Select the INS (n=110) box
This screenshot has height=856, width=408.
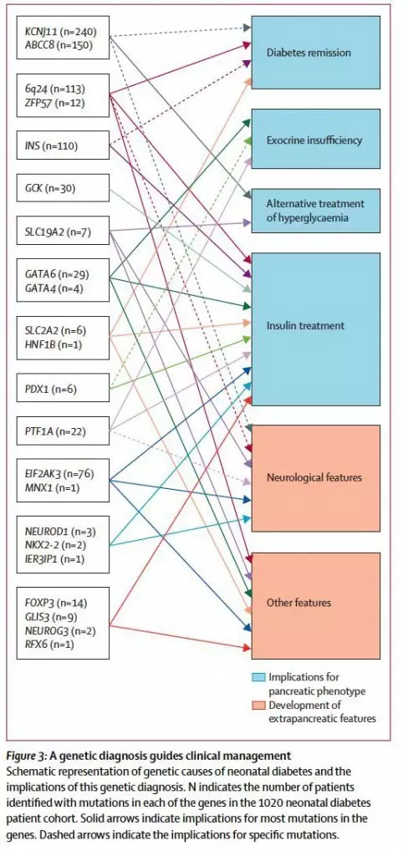point(63,145)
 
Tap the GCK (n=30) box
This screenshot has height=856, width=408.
point(63,189)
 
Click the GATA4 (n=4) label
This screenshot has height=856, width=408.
point(54,288)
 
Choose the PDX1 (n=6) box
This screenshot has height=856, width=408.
point(63,388)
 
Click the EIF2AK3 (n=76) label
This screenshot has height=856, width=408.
point(59,473)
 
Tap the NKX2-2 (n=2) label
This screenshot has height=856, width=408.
point(55,544)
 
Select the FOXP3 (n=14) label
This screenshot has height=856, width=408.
point(56,603)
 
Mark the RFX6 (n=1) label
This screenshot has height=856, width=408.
point(51,645)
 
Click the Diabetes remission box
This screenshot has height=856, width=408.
point(316,53)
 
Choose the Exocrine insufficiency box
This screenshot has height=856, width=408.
point(316,139)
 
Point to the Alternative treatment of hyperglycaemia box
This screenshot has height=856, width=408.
point(316,211)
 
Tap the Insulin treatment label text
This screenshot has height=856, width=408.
point(305,325)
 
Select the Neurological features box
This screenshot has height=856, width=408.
point(316,477)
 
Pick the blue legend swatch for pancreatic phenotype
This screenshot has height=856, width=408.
point(258,677)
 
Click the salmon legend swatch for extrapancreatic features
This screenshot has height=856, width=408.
point(258,706)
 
